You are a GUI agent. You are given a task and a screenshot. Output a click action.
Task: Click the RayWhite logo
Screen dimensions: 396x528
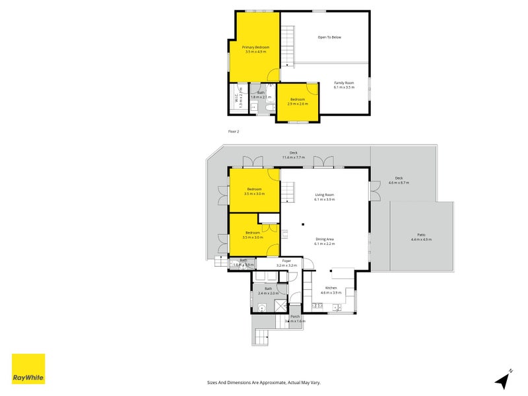point(28,369)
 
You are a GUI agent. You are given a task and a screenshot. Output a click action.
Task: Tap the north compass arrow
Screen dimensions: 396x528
point(504,379)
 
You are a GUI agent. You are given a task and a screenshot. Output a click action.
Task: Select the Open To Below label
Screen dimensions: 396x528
point(329,37)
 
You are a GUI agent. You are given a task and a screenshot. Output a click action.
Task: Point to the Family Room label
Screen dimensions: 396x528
point(344,82)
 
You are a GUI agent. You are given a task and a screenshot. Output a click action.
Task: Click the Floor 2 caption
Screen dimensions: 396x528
point(234,131)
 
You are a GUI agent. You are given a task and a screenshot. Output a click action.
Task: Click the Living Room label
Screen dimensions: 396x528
point(324,195)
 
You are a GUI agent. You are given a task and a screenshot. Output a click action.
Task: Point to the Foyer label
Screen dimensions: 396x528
point(286,261)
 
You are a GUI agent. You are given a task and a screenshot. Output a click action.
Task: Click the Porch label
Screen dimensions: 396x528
point(295,317)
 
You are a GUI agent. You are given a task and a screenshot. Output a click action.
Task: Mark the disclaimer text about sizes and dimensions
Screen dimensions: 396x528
point(263,382)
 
